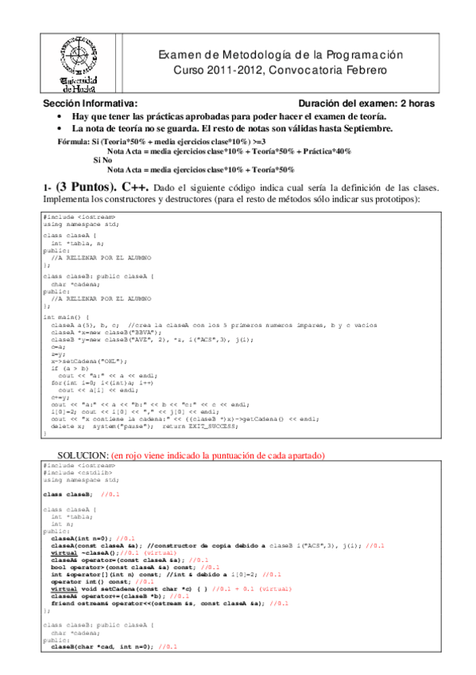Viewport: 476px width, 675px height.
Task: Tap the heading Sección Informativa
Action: (x=79, y=103)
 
